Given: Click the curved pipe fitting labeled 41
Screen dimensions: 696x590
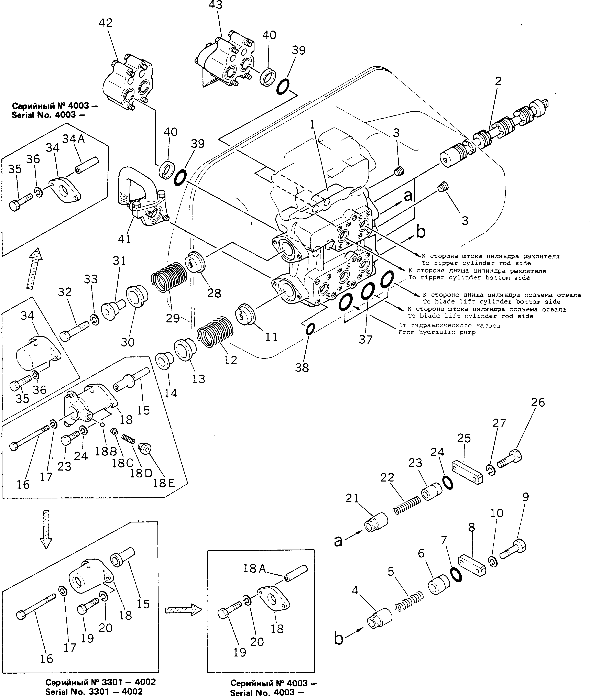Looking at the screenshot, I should (x=141, y=197).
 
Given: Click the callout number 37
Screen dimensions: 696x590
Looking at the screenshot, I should (x=365, y=340).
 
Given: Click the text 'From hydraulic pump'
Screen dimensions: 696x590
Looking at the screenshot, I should (x=437, y=332).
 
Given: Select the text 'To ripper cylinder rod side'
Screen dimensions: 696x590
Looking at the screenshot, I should (x=476, y=263).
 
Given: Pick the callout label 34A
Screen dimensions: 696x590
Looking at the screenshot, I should (x=74, y=139).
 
